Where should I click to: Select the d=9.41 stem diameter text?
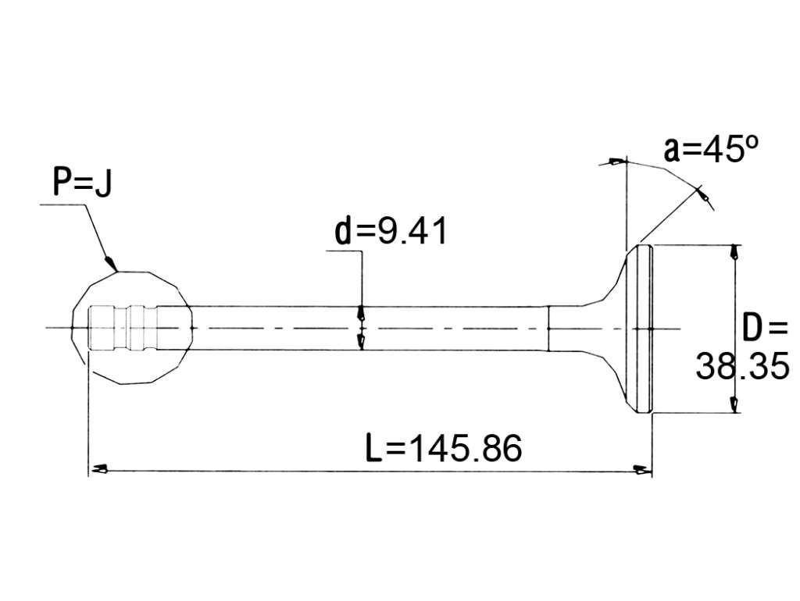click(x=391, y=230)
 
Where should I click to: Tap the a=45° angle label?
click(x=711, y=148)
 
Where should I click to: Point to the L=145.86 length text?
click(x=445, y=448)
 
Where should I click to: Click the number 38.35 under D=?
click(x=743, y=365)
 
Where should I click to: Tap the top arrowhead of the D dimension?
click(x=734, y=252)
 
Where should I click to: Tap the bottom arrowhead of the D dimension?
click(x=734, y=404)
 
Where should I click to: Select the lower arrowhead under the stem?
click(x=362, y=343)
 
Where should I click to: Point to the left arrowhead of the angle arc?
click(x=616, y=162)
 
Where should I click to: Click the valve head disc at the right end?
click(x=639, y=329)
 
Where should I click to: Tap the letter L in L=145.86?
click(x=374, y=448)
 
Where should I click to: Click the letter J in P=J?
click(x=104, y=183)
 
